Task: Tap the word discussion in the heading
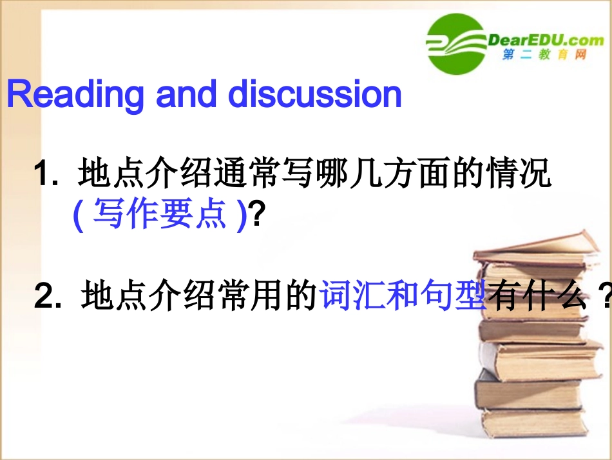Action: (x=315, y=95)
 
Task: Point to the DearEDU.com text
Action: (x=547, y=40)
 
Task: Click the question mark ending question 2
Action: (x=604, y=297)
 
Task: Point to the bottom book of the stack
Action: (x=535, y=422)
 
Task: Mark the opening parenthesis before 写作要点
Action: (x=78, y=215)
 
